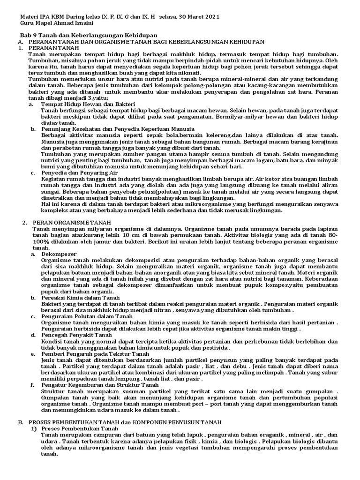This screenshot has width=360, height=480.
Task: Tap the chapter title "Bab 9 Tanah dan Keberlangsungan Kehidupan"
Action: (88, 36)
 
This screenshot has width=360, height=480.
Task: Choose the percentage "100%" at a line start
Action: (40, 241)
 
